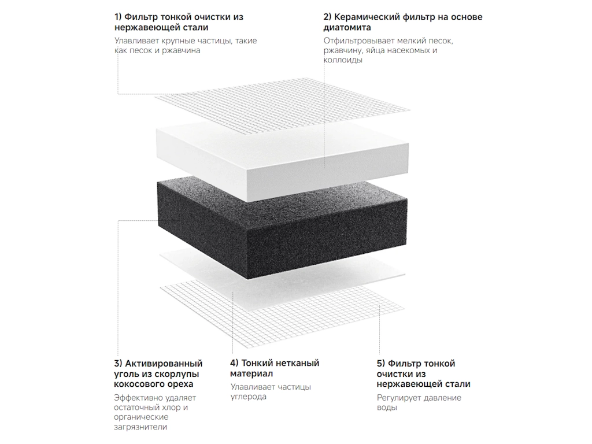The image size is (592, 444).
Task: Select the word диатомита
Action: [347, 28]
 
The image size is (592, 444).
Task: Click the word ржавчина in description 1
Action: [181, 50]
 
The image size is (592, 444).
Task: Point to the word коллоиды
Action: [343, 60]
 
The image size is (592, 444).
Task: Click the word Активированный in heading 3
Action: [164, 364]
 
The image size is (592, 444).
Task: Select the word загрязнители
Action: [140, 427]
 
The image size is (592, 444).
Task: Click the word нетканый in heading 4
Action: [298, 363]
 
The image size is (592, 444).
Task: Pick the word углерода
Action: [249, 397]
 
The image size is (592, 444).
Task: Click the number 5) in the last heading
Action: [381, 364]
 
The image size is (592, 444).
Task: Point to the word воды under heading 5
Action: [387, 408]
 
